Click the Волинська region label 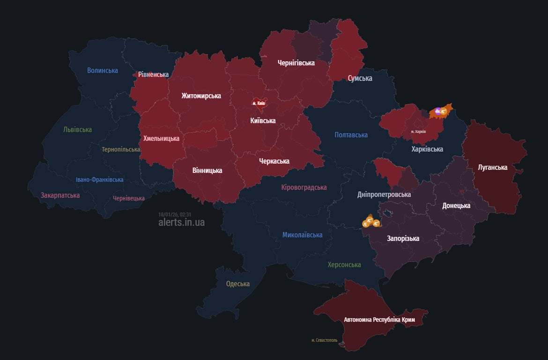pyautogui.click(x=103, y=70)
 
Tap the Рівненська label pyautogui.click(x=153, y=75)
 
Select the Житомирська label pyautogui.click(x=201, y=96)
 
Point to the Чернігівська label pyautogui.click(x=296, y=62)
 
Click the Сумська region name pyautogui.click(x=360, y=78)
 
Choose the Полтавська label pyautogui.click(x=351, y=135)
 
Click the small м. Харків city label pyautogui.click(x=418, y=132)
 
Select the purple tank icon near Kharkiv pyautogui.click(x=437, y=111)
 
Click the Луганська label pyautogui.click(x=492, y=167)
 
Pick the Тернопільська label pyautogui.click(x=121, y=150)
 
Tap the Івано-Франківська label pyautogui.click(x=100, y=180)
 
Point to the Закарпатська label pyautogui.click(x=60, y=195)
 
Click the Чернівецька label pyautogui.click(x=129, y=198)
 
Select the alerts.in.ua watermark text pyautogui.click(x=181, y=222)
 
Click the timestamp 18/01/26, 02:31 pyautogui.click(x=175, y=214)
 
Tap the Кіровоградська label pyautogui.click(x=304, y=187)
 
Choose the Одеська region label pyautogui.click(x=238, y=284)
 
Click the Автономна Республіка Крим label pyautogui.click(x=379, y=320)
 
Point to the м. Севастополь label pyautogui.click(x=324, y=340)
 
